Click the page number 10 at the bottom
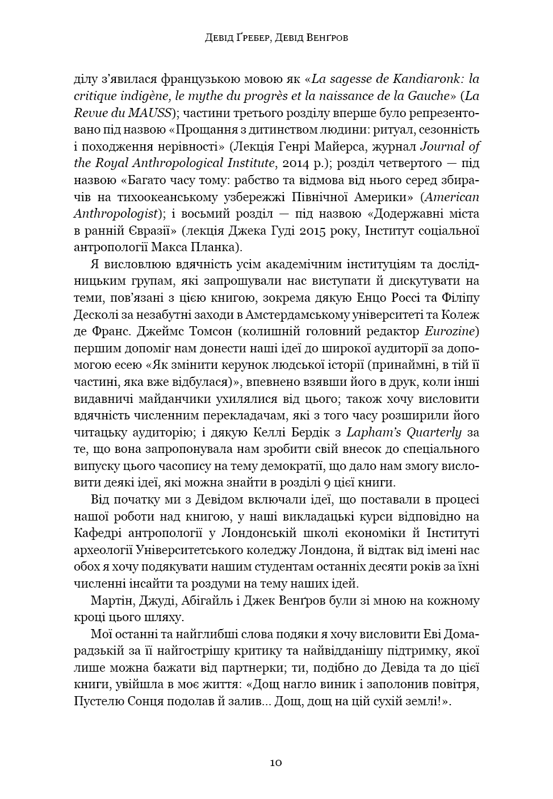pos(276,763)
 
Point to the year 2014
pos(307,163)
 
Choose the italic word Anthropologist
pos(116,214)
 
